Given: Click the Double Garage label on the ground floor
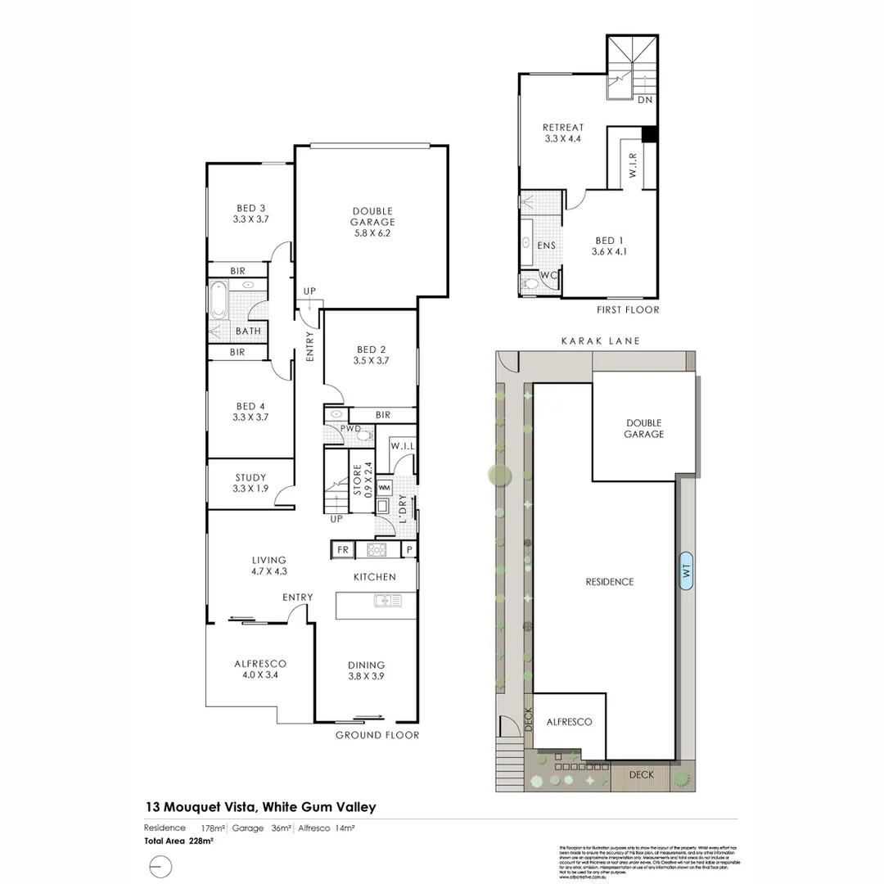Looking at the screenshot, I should point(372,222).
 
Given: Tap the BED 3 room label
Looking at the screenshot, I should point(250,214).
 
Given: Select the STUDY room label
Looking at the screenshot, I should point(250,483).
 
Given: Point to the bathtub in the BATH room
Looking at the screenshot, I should point(219,300).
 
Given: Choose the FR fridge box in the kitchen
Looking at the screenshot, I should point(342,549).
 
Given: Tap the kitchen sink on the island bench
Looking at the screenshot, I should point(387,602).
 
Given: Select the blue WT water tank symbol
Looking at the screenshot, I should point(687,569).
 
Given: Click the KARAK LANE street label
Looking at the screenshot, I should point(599,341).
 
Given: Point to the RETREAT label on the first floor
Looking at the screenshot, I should point(563,133).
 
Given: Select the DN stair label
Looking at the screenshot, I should point(645,100).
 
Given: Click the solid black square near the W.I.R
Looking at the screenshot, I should point(650,135).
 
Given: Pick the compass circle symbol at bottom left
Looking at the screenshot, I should point(160,866).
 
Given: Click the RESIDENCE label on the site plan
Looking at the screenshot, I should point(609,582).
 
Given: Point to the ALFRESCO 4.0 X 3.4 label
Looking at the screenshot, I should point(259,669).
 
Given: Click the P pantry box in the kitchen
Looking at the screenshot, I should point(409,549).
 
